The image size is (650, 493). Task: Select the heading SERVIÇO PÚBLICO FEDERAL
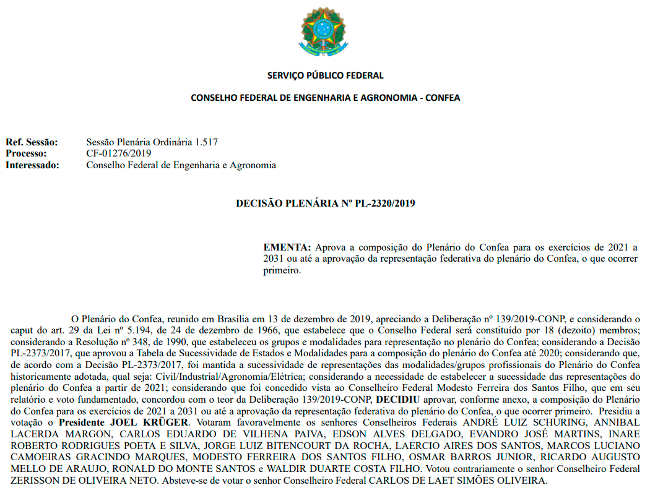point(325,75)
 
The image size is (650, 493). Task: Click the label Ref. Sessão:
point(32,142)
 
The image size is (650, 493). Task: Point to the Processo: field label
point(26,153)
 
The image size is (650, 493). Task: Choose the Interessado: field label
point(33,165)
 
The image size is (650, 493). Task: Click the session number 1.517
point(206,142)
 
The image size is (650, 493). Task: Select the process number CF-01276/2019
point(119,153)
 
